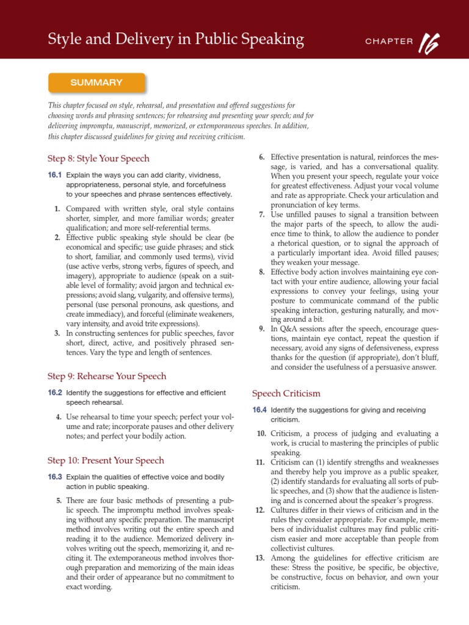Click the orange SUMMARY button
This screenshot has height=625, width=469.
click(x=96, y=82)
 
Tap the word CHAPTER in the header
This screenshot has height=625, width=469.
click(x=389, y=42)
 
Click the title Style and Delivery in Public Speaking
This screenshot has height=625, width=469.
click(x=176, y=40)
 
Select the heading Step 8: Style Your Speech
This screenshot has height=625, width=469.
click(x=98, y=159)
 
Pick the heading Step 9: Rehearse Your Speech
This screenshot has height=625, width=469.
click(x=107, y=376)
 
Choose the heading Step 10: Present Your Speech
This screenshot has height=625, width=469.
click(x=106, y=460)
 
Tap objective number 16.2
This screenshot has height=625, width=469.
click(x=55, y=392)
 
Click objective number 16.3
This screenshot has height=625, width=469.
click(x=55, y=477)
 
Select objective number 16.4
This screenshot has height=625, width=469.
click(x=260, y=410)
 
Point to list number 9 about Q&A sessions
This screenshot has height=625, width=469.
click(x=261, y=328)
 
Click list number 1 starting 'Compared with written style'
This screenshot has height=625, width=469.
click(x=57, y=209)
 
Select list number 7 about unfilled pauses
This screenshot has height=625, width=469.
click(x=261, y=214)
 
